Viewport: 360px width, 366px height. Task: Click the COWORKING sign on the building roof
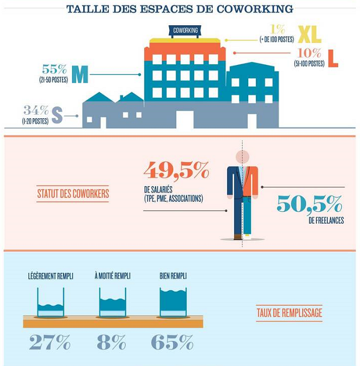184,30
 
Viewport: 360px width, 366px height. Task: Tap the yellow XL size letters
309,35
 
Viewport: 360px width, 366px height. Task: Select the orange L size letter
333,59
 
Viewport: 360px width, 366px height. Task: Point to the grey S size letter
57,115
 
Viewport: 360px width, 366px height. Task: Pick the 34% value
36,110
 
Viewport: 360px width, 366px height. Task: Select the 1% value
277,29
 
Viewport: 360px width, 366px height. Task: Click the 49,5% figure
176,170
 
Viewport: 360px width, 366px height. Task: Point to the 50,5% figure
309,204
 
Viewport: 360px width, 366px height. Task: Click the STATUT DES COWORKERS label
73,193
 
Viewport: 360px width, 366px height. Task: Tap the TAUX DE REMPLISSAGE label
289,313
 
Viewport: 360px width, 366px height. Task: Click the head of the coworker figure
242,157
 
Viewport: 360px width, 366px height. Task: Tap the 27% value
50,342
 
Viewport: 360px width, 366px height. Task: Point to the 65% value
172,342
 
